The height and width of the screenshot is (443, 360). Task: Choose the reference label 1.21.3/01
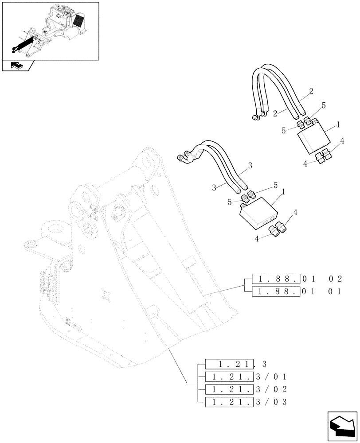(246, 377)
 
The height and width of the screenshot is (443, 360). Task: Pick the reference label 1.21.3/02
(246, 389)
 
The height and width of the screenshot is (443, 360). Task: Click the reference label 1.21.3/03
(246, 402)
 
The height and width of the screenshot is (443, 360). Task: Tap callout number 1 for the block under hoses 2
(338, 125)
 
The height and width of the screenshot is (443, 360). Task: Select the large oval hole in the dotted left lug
(56, 232)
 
